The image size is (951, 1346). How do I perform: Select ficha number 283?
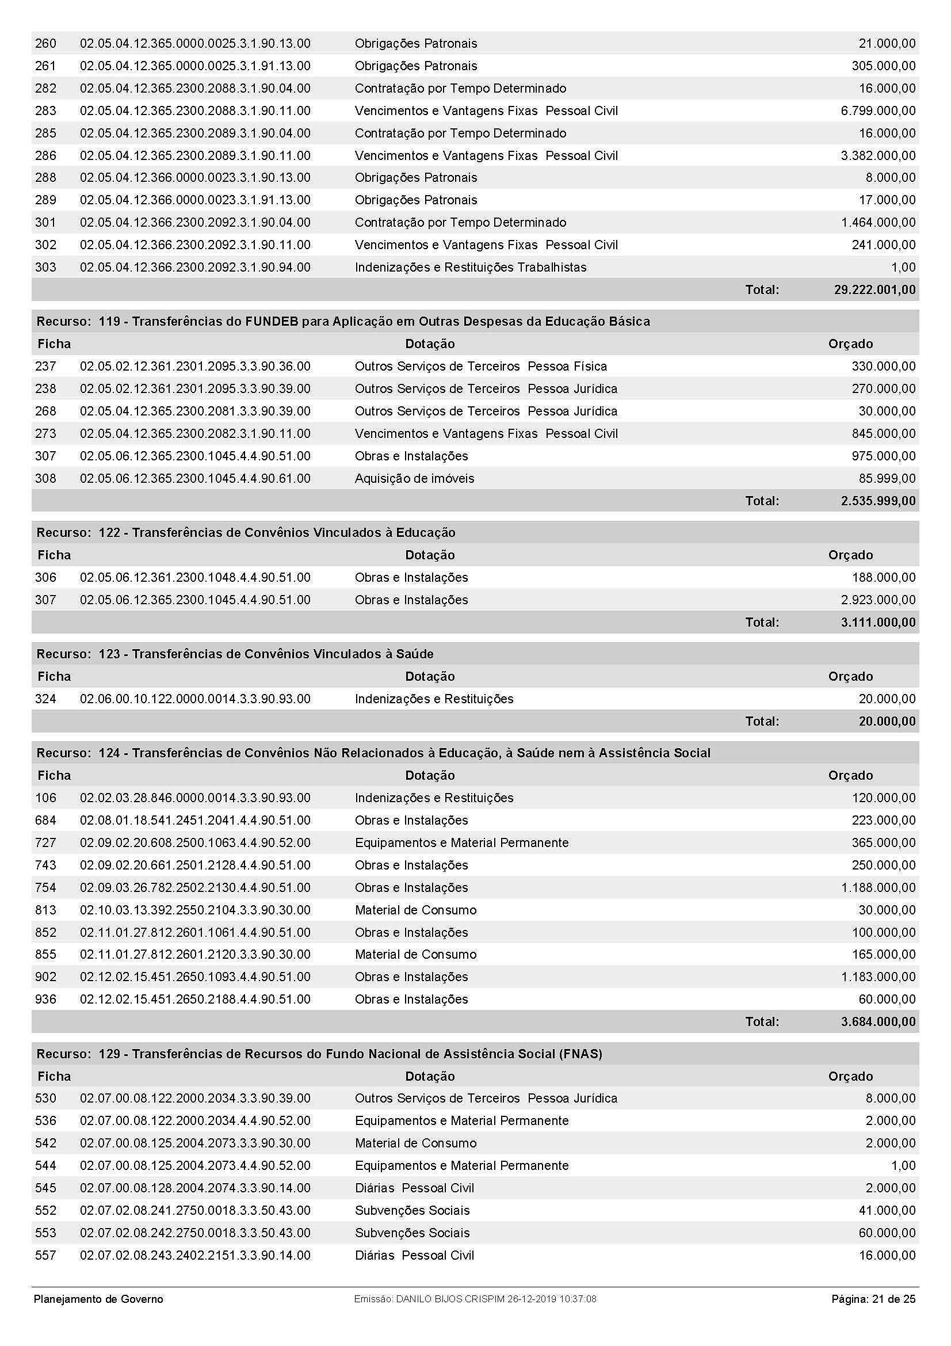tap(45, 111)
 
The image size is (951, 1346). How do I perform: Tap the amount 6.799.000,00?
tap(878, 111)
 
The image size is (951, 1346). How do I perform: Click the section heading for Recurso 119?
tap(343, 321)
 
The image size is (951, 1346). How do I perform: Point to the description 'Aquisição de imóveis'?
tap(414, 478)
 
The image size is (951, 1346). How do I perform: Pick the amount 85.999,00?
tap(887, 478)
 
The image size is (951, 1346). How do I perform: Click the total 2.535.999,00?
tap(878, 501)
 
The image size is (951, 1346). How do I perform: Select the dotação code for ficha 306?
tap(195, 577)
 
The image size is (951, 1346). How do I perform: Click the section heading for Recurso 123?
tap(235, 654)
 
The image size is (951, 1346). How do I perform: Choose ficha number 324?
tap(45, 699)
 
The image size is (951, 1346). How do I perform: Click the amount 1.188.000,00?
tap(878, 887)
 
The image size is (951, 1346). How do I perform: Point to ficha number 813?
tap(45, 910)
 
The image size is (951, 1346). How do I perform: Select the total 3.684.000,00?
tap(878, 1022)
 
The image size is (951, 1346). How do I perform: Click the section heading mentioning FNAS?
tap(319, 1054)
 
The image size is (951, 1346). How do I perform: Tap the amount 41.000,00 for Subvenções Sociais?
tap(887, 1211)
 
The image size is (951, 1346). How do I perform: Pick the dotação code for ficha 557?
tap(195, 1255)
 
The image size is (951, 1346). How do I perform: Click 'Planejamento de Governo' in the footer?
tap(98, 1299)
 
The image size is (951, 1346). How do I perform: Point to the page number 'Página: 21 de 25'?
tap(873, 1299)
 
